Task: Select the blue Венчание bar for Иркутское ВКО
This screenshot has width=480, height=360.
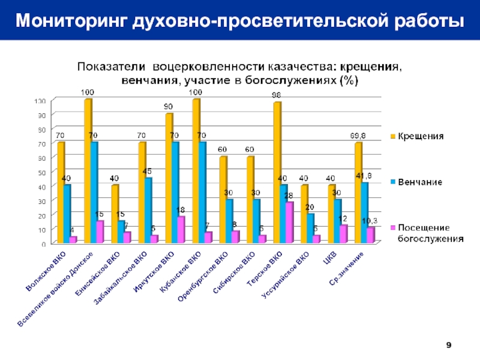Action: [175, 192]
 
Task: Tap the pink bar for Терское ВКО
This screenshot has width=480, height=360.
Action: [290, 222]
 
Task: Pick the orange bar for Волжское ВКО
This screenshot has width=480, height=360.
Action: [61, 192]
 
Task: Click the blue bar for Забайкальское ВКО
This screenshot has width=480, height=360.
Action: [148, 210]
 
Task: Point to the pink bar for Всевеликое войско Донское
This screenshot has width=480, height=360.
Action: [100, 232]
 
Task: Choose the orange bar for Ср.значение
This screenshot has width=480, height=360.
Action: [358, 192]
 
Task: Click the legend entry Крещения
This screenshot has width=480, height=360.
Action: [422, 136]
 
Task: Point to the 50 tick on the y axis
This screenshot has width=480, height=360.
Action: [41, 172]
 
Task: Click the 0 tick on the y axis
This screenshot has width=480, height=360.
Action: [44, 244]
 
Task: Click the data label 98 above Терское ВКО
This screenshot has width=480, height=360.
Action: [276, 95]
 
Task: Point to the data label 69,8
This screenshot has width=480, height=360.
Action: [359, 136]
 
